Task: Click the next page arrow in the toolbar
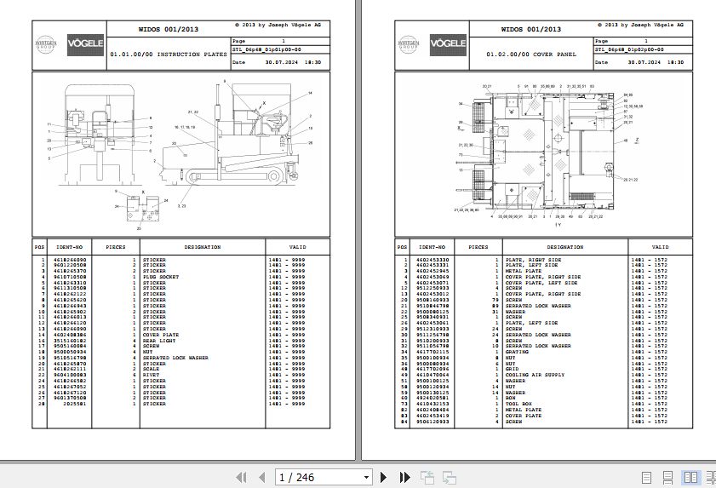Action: tap(383, 477)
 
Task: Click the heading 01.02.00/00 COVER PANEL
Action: tap(542, 54)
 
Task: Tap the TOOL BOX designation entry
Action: tap(518, 404)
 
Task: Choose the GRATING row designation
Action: tap(517, 352)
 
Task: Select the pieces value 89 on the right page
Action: tap(495, 305)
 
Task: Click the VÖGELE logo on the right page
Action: tap(448, 42)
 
